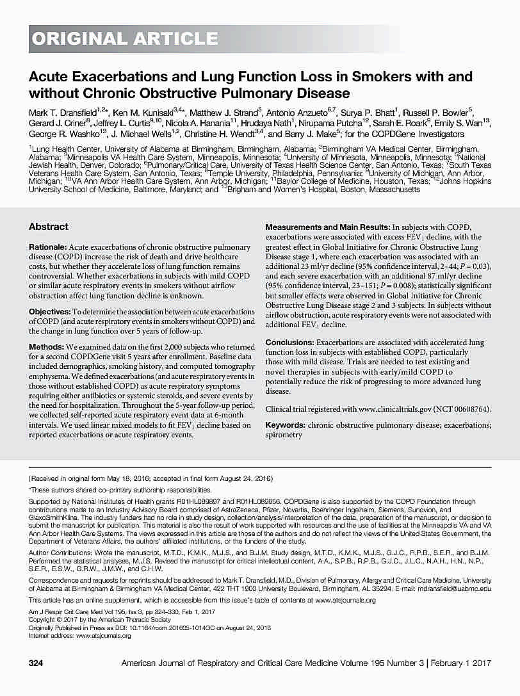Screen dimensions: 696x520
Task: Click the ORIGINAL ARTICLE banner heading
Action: click(x=125, y=39)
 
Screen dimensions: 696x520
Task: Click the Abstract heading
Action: click(x=49, y=227)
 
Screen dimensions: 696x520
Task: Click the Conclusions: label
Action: click(x=289, y=343)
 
